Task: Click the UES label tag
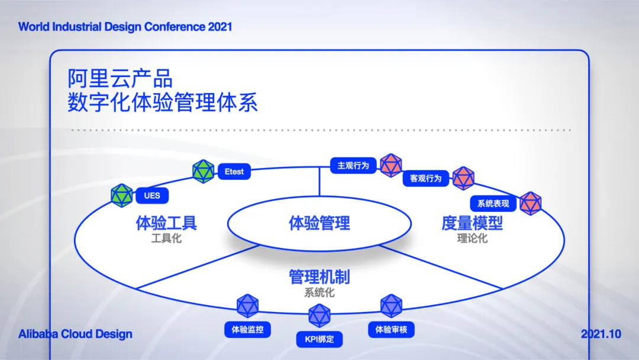click(x=152, y=196)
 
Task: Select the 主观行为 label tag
click(x=353, y=165)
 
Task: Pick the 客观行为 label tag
click(x=426, y=178)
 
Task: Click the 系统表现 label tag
click(x=493, y=203)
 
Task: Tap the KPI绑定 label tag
click(x=319, y=339)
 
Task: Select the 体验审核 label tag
click(x=391, y=329)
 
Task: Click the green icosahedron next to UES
click(x=122, y=195)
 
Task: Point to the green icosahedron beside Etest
click(x=204, y=171)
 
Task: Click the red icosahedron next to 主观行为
click(x=391, y=165)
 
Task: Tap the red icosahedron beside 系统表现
click(x=530, y=203)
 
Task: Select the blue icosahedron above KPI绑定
click(x=319, y=315)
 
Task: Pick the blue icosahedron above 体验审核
click(x=391, y=306)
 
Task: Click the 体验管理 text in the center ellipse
click(x=319, y=223)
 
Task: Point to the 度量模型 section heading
click(x=472, y=223)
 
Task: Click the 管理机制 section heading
click(x=319, y=277)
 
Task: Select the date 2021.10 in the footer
click(x=601, y=334)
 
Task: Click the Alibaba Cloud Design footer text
click(x=75, y=334)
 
